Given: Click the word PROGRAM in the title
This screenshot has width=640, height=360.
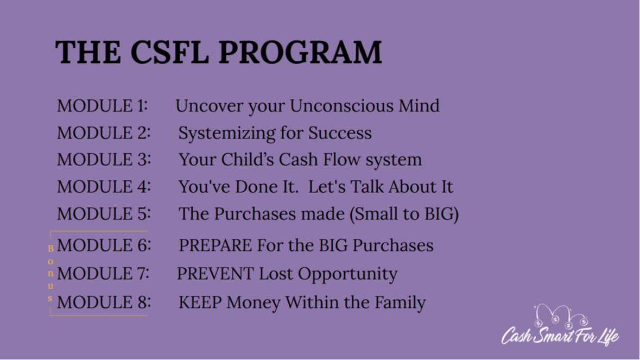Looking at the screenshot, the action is click(x=300, y=52).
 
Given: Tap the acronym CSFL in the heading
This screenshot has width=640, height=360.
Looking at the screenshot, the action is click(x=169, y=52).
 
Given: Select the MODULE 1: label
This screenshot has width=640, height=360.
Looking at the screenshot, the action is click(x=102, y=106).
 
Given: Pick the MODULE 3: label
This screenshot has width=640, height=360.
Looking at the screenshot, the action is click(x=104, y=160).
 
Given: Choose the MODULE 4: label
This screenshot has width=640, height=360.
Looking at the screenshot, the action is click(x=104, y=187).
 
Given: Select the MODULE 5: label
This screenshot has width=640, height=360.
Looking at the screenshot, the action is click(x=104, y=214).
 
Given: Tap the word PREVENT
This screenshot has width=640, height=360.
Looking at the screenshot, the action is click(x=215, y=274).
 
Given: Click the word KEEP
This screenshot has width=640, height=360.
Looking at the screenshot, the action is click(x=200, y=303).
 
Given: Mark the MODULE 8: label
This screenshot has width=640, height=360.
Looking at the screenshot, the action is click(x=104, y=303).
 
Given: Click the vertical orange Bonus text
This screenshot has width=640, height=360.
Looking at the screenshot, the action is click(x=50, y=274).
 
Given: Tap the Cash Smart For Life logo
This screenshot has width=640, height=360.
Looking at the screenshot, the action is click(x=560, y=325).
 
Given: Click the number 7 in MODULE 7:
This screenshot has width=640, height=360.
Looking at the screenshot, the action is click(x=142, y=274).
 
